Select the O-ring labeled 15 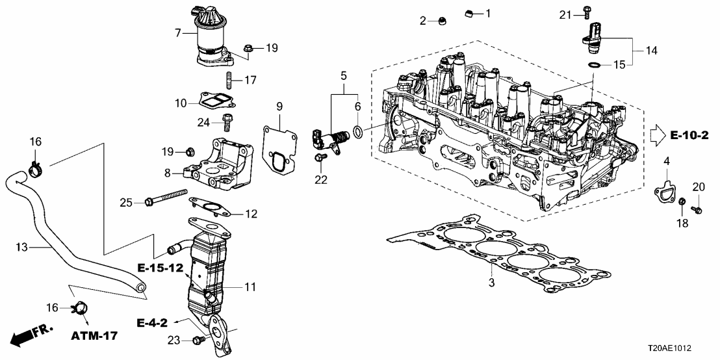[594, 65]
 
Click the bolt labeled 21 [585, 12]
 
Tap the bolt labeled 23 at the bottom [199, 339]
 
